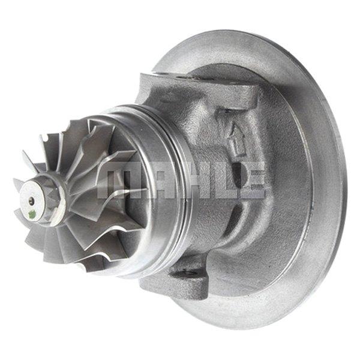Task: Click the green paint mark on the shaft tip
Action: tap(32, 215)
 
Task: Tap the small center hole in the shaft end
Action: tap(31, 200)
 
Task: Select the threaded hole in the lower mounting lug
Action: tap(189, 274)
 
